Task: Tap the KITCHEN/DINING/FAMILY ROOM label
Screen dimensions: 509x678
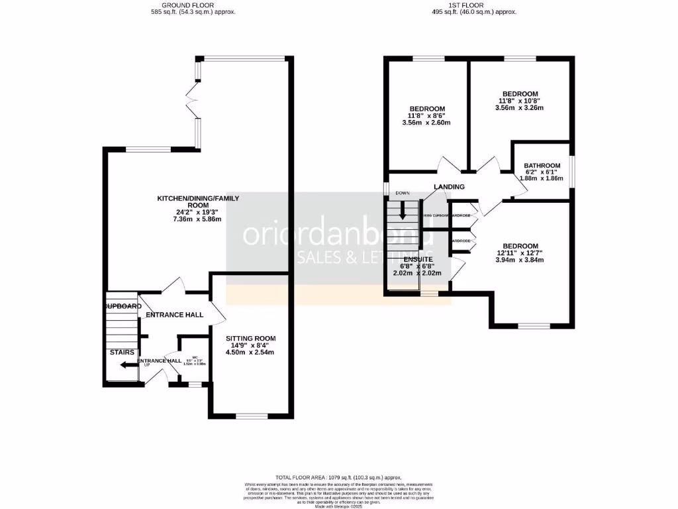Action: pos(197,202)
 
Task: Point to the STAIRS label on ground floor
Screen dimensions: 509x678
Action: pos(122,352)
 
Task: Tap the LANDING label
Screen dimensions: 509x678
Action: pos(449,187)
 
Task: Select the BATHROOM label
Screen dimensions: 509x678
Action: pos(542,166)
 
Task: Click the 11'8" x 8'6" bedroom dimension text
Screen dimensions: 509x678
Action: pos(426,115)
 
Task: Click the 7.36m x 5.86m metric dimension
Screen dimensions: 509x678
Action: pos(197,219)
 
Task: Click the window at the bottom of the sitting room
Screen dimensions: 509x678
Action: pos(252,416)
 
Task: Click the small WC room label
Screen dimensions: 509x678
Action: pos(194,359)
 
